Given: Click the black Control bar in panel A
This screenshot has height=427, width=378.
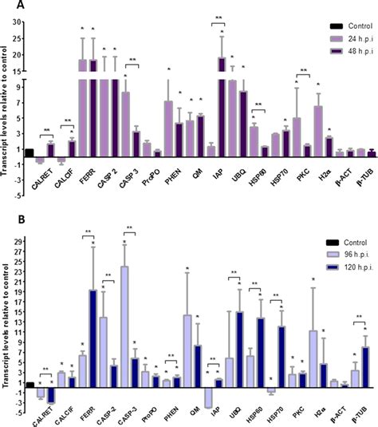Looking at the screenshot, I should coord(30,153).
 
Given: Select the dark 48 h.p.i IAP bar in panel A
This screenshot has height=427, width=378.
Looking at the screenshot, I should coord(222,104).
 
